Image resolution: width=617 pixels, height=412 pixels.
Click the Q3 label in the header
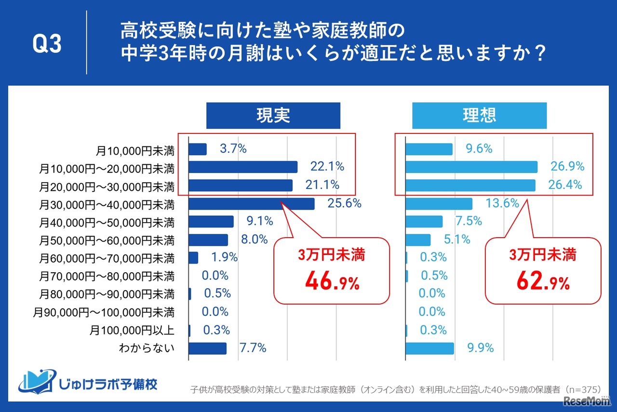tap(47, 44)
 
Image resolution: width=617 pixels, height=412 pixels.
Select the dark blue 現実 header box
tap(273, 116)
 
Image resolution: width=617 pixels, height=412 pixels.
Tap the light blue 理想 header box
tap(479, 116)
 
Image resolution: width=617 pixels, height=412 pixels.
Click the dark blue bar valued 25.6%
tap(251, 204)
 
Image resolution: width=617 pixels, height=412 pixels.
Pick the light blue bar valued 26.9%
tap(471, 167)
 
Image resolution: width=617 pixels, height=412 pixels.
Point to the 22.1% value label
tap(327, 167)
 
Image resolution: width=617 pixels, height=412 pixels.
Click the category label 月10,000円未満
tap(135, 150)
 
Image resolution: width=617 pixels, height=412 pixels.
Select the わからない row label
tap(147, 348)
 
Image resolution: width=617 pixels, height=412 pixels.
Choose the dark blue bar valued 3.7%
tap(198, 149)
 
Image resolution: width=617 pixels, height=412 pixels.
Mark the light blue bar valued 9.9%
tap(429, 348)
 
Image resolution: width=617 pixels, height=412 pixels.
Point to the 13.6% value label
tap(503, 203)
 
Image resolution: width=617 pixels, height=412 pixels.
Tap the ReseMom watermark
tap(584, 401)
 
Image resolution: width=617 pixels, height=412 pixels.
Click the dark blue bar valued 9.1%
tap(211, 222)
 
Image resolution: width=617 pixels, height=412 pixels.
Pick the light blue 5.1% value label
tap(457, 239)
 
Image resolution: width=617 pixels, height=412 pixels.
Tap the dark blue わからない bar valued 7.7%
tap(207, 348)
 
